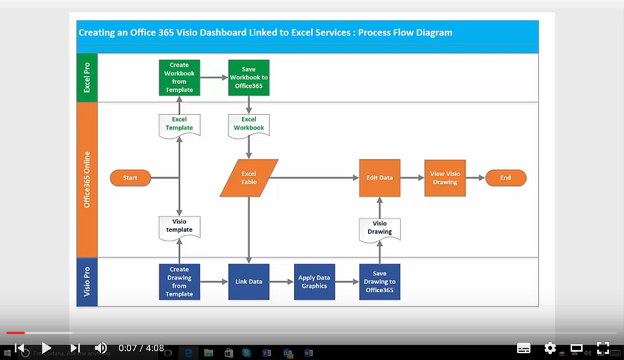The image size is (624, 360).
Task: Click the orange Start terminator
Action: click(130, 178)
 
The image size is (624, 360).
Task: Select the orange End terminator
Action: click(505, 178)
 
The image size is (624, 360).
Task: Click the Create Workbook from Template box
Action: click(179, 77)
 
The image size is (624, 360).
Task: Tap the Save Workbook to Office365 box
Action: click(249, 77)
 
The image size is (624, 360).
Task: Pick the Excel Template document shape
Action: click(179, 125)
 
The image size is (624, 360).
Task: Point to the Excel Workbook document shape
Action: click(249, 125)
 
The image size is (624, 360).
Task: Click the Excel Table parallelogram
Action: click(249, 178)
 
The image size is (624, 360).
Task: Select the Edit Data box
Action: click(380, 178)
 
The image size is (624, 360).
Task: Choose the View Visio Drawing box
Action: click(445, 178)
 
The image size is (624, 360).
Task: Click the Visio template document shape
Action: click(179, 227)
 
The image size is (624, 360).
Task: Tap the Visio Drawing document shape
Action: click(380, 228)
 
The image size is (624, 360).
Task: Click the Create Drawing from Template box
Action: click(179, 281)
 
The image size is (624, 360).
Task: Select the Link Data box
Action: click(249, 281)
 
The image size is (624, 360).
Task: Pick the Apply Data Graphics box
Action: click(314, 281)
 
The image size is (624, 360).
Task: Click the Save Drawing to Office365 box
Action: click(380, 281)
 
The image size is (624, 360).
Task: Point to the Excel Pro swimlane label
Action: click(87, 77)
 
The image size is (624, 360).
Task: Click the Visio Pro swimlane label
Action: click(87, 281)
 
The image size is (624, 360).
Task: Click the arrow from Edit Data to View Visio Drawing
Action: click(412, 178)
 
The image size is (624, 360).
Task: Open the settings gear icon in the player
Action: click(550, 348)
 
